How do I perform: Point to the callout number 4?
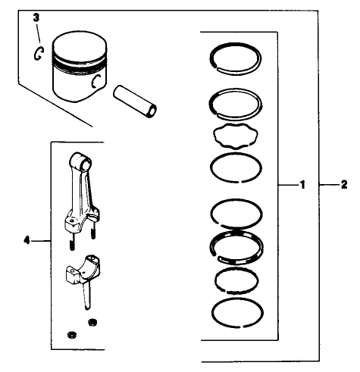27,240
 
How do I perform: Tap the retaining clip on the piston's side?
96,83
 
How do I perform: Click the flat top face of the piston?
78,45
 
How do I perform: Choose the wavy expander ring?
235,139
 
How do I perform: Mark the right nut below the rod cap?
93,324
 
